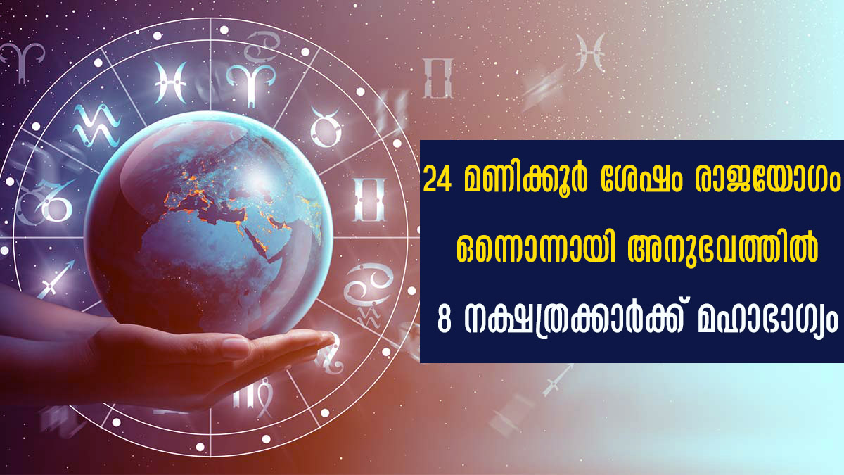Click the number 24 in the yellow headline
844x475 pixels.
click(x=437, y=181)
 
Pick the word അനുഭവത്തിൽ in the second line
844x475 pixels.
click(x=723, y=249)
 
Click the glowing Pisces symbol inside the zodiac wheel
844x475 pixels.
click(x=170, y=83)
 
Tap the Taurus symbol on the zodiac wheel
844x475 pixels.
click(x=326, y=127)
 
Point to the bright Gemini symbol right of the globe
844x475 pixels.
click(x=370, y=200)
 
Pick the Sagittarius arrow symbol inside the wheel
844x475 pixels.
click(x=56, y=278)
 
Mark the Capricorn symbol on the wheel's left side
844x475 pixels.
click(x=44, y=203)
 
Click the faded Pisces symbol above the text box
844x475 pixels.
click(x=589, y=52)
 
